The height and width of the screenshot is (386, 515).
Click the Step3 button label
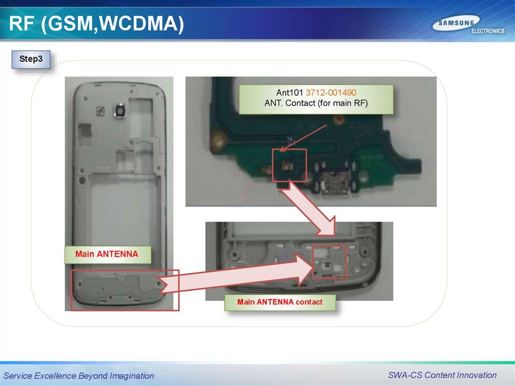(31, 59)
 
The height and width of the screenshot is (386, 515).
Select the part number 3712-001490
(331, 93)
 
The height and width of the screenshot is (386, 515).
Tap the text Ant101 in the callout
(289, 93)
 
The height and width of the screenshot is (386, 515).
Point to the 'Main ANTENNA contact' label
(280, 302)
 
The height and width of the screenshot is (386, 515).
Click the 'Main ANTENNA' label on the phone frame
(107, 254)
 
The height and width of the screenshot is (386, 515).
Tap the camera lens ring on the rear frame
(120, 111)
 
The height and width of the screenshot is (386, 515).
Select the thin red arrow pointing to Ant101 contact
(303, 138)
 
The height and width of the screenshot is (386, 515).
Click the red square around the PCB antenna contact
(289, 165)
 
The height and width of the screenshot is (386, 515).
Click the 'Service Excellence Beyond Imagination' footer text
(79, 375)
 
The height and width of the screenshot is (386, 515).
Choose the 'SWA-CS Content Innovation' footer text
(442, 375)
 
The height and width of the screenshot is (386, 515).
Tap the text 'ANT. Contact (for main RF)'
(316, 103)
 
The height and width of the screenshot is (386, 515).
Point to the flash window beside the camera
(100, 111)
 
